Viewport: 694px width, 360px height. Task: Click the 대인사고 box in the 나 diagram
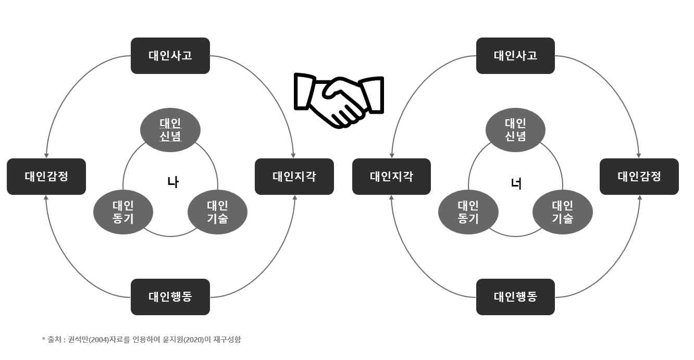click(x=170, y=55)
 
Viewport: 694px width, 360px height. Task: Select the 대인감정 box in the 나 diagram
click(x=46, y=177)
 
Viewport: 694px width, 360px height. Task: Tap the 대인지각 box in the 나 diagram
click(x=294, y=177)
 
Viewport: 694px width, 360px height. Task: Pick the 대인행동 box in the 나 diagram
click(x=170, y=297)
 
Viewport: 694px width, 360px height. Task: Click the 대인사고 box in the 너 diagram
click(x=516, y=55)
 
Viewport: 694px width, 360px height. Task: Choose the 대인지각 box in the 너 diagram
click(x=392, y=177)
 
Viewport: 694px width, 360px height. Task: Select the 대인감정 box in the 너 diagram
click(x=639, y=177)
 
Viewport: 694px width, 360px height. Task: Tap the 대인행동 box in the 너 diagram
click(x=516, y=297)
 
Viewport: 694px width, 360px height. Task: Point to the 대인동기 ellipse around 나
click(x=123, y=212)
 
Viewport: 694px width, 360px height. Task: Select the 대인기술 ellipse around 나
click(x=217, y=212)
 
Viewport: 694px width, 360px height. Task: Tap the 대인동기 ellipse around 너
click(x=469, y=212)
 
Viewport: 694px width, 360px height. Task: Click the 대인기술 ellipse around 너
click(x=563, y=212)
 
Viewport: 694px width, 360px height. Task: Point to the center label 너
click(x=517, y=183)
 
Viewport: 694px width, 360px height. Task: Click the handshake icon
click(x=339, y=100)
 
